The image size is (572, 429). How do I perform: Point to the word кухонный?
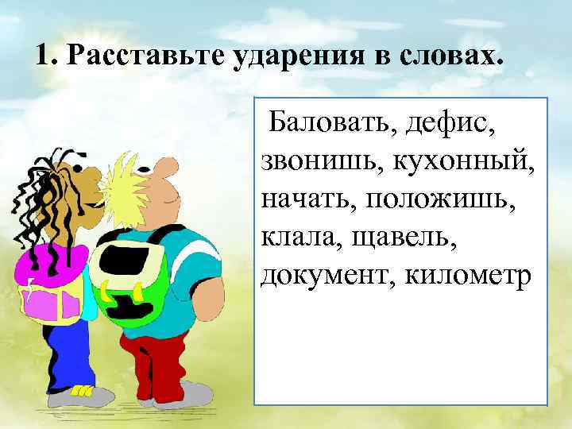pyautogui.click(x=461, y=161)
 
